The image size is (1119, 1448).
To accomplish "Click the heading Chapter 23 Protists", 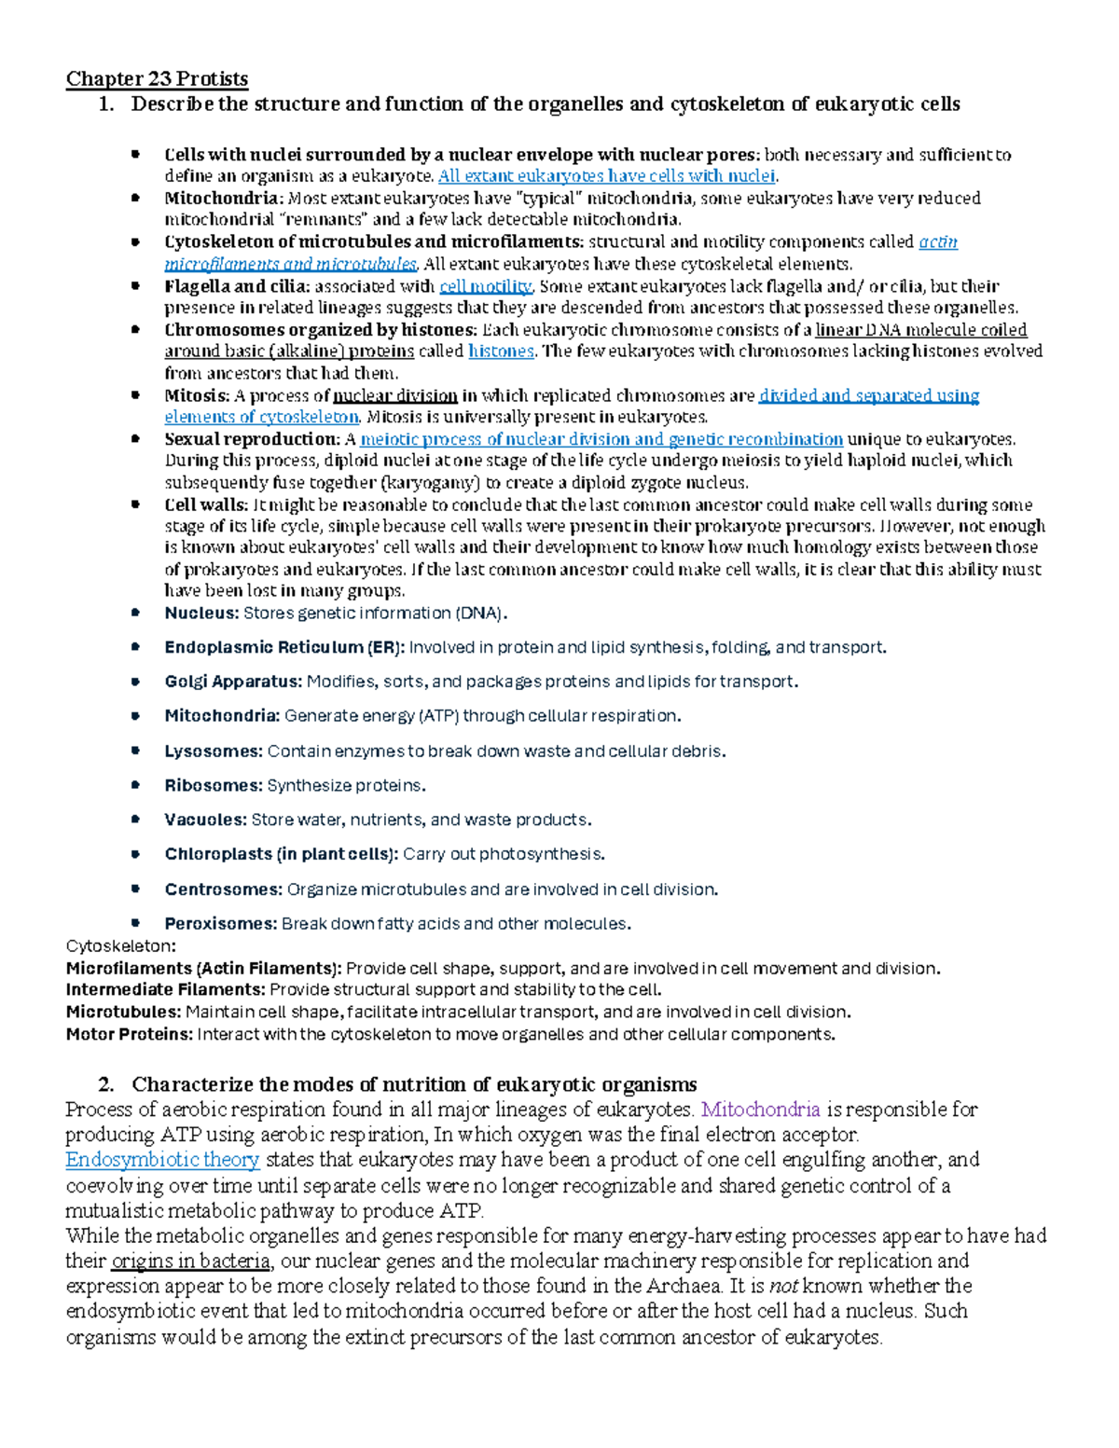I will pyautogui.click(x=157, y=78).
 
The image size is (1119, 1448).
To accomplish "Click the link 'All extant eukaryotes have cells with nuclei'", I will pyautogui.click(x=606, y=176).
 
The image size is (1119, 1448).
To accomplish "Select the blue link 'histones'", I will pyautogui.click(x=501, y=352).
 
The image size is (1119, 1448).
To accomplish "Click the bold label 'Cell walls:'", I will pyautogui.click(x=206, y=505).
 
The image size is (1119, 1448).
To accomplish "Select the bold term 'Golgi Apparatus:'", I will pyautogui.click(x=233, y=682).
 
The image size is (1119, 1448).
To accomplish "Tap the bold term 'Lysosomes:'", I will pyautogui.click(x=214, y=752).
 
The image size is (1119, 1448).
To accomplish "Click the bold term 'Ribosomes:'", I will pyautogui.click(x=214, y=786).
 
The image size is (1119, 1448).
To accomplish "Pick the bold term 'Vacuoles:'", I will pyautogui.click(x=205, y=821).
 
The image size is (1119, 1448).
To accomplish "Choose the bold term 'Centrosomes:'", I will pyautogui.click(x=223, y=889).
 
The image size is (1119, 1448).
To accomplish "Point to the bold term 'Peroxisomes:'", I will pyautogui.click(x=221, y=924).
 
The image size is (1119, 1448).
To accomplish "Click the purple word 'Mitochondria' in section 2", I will pyautogui.click(x=760, y=1110).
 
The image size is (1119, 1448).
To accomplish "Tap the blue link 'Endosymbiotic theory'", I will pyautogui.click(x=162, y=1160).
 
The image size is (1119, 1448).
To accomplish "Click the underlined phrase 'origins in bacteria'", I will pyautogui.click(x=191, y=1262).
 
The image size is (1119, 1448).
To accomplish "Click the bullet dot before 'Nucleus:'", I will pyautogui.click(x=135, y=613).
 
